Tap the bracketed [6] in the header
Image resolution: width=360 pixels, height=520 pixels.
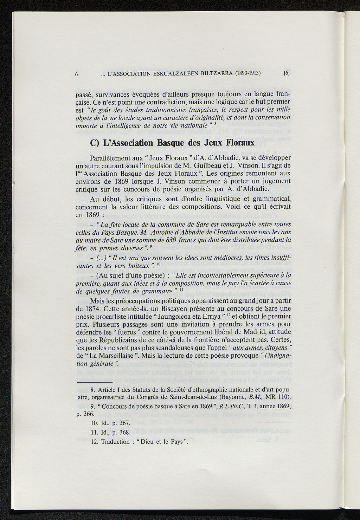click(286, 74)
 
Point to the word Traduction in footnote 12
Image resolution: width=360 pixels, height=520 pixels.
click(115, 442)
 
